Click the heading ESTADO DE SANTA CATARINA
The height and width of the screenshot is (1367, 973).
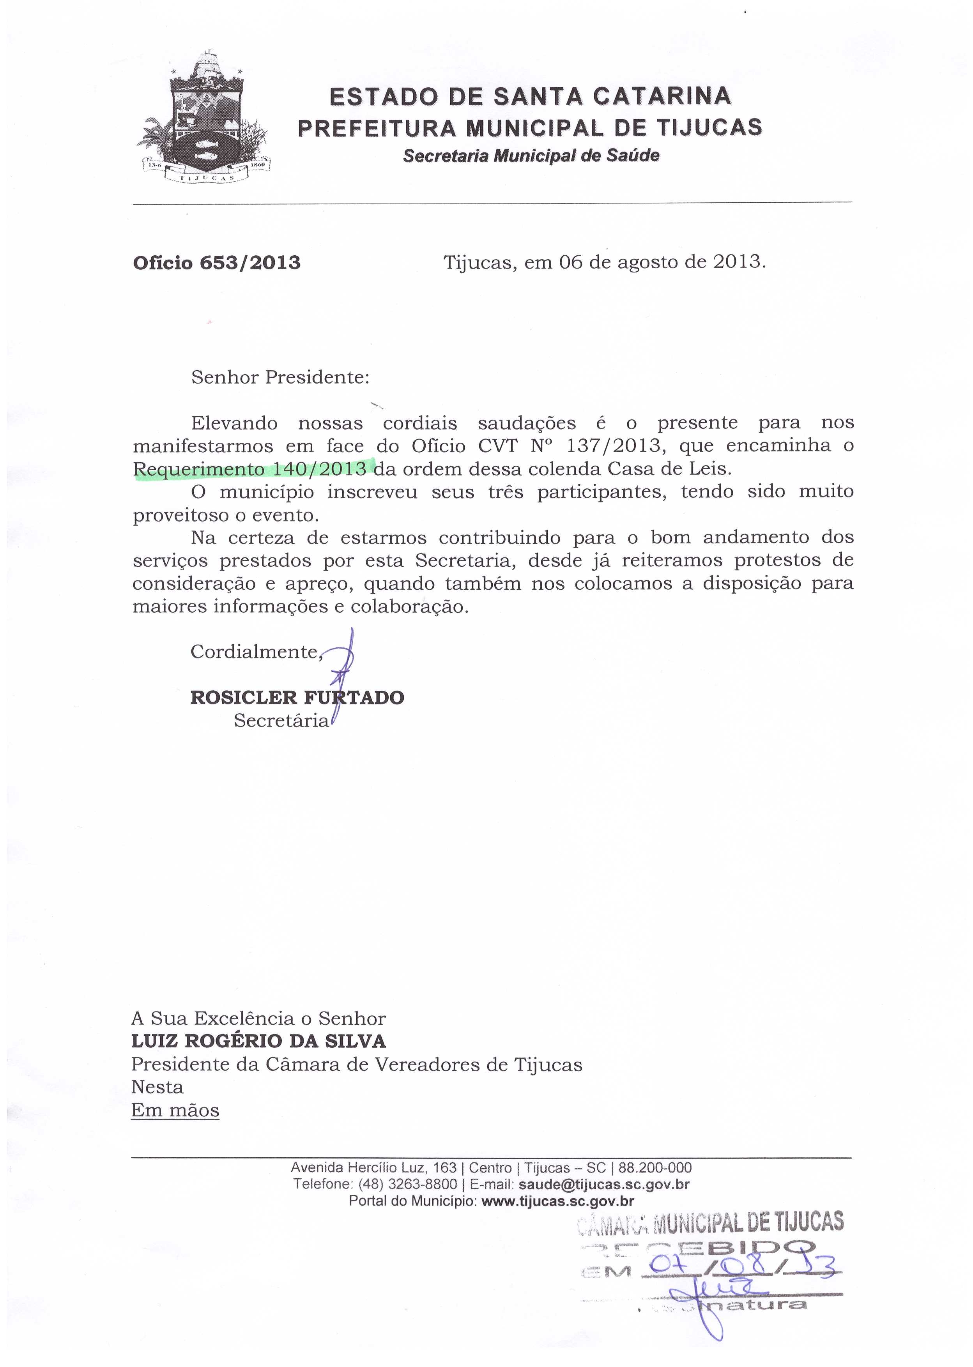click(x=530, y=96)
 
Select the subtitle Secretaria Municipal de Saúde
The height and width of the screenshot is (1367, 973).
click(x=531, y=156)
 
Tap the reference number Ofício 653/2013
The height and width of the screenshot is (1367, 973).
click(x=216, y=262)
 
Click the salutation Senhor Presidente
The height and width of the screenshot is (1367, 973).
click(x=280, y=377)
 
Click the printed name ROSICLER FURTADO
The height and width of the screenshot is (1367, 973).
click(x=297, y=697)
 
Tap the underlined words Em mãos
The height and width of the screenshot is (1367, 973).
click(x=175, y=1110)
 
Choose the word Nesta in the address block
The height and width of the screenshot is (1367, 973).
click(x=157, y=1087)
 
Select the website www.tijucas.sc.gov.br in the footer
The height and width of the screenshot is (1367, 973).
click(x=557, y=1201)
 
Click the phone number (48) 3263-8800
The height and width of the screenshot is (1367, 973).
click(x=407, y=1184)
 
